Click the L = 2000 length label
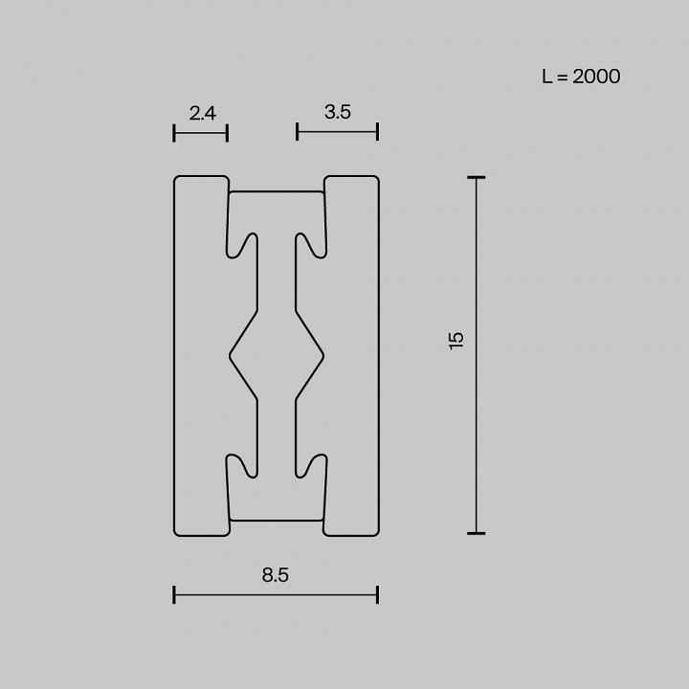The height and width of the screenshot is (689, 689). click(x=581, y=77)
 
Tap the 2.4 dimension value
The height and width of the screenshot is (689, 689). click(x=203, y=113)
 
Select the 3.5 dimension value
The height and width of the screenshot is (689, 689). click(x=338, y=112)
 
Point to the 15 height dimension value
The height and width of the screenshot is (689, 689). click(x=456, y=340)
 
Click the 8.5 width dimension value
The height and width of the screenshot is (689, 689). click(x=276, y=575)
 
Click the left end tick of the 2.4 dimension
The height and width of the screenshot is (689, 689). click(x=174, y=133)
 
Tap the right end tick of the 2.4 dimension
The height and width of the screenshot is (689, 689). click(x=228, y=133)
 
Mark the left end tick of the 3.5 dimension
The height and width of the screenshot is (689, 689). click(x=298, y=132)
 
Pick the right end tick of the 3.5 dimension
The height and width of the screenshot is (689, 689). click(x=377, y=132)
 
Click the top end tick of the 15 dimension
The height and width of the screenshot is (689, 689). click(x=476, y=177)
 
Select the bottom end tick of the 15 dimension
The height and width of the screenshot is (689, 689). click(x=476, y=533)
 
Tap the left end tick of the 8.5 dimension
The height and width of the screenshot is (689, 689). click(x=174, y=595)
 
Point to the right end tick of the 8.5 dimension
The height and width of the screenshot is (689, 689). click(x=377, y=595)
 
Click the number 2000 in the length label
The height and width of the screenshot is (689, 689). click(x=596, y=77)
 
